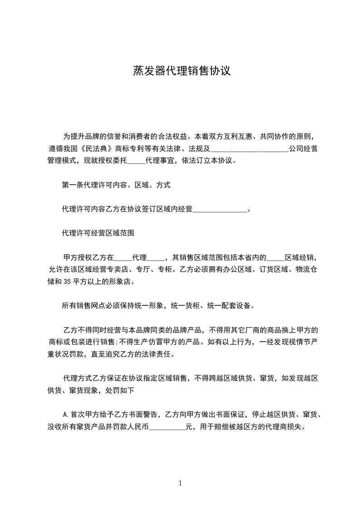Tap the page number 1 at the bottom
pos(180,483)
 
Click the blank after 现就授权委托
pos(136,161)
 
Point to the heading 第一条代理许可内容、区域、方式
pos(116,185)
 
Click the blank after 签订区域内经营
pos(220,210)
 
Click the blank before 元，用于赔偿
pos(167,427)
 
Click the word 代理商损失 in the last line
pos(286,427)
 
